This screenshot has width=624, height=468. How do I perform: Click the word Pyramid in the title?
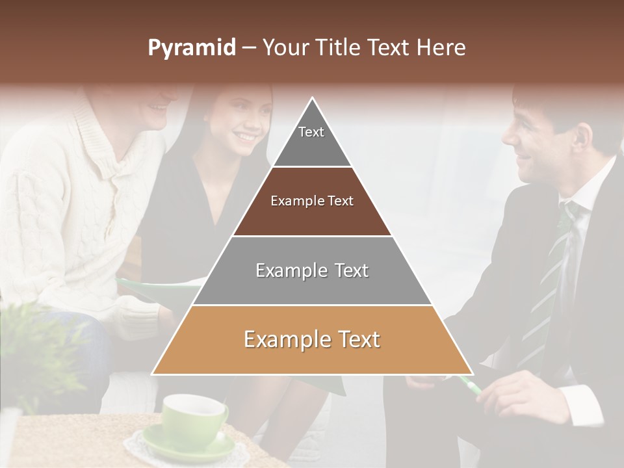tap(191, 48)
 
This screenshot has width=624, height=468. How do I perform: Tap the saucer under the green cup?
tap(188, 448)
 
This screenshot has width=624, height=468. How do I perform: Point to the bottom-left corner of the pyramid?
tap(152, 374)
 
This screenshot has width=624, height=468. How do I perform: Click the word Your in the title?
tap(285, 48)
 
